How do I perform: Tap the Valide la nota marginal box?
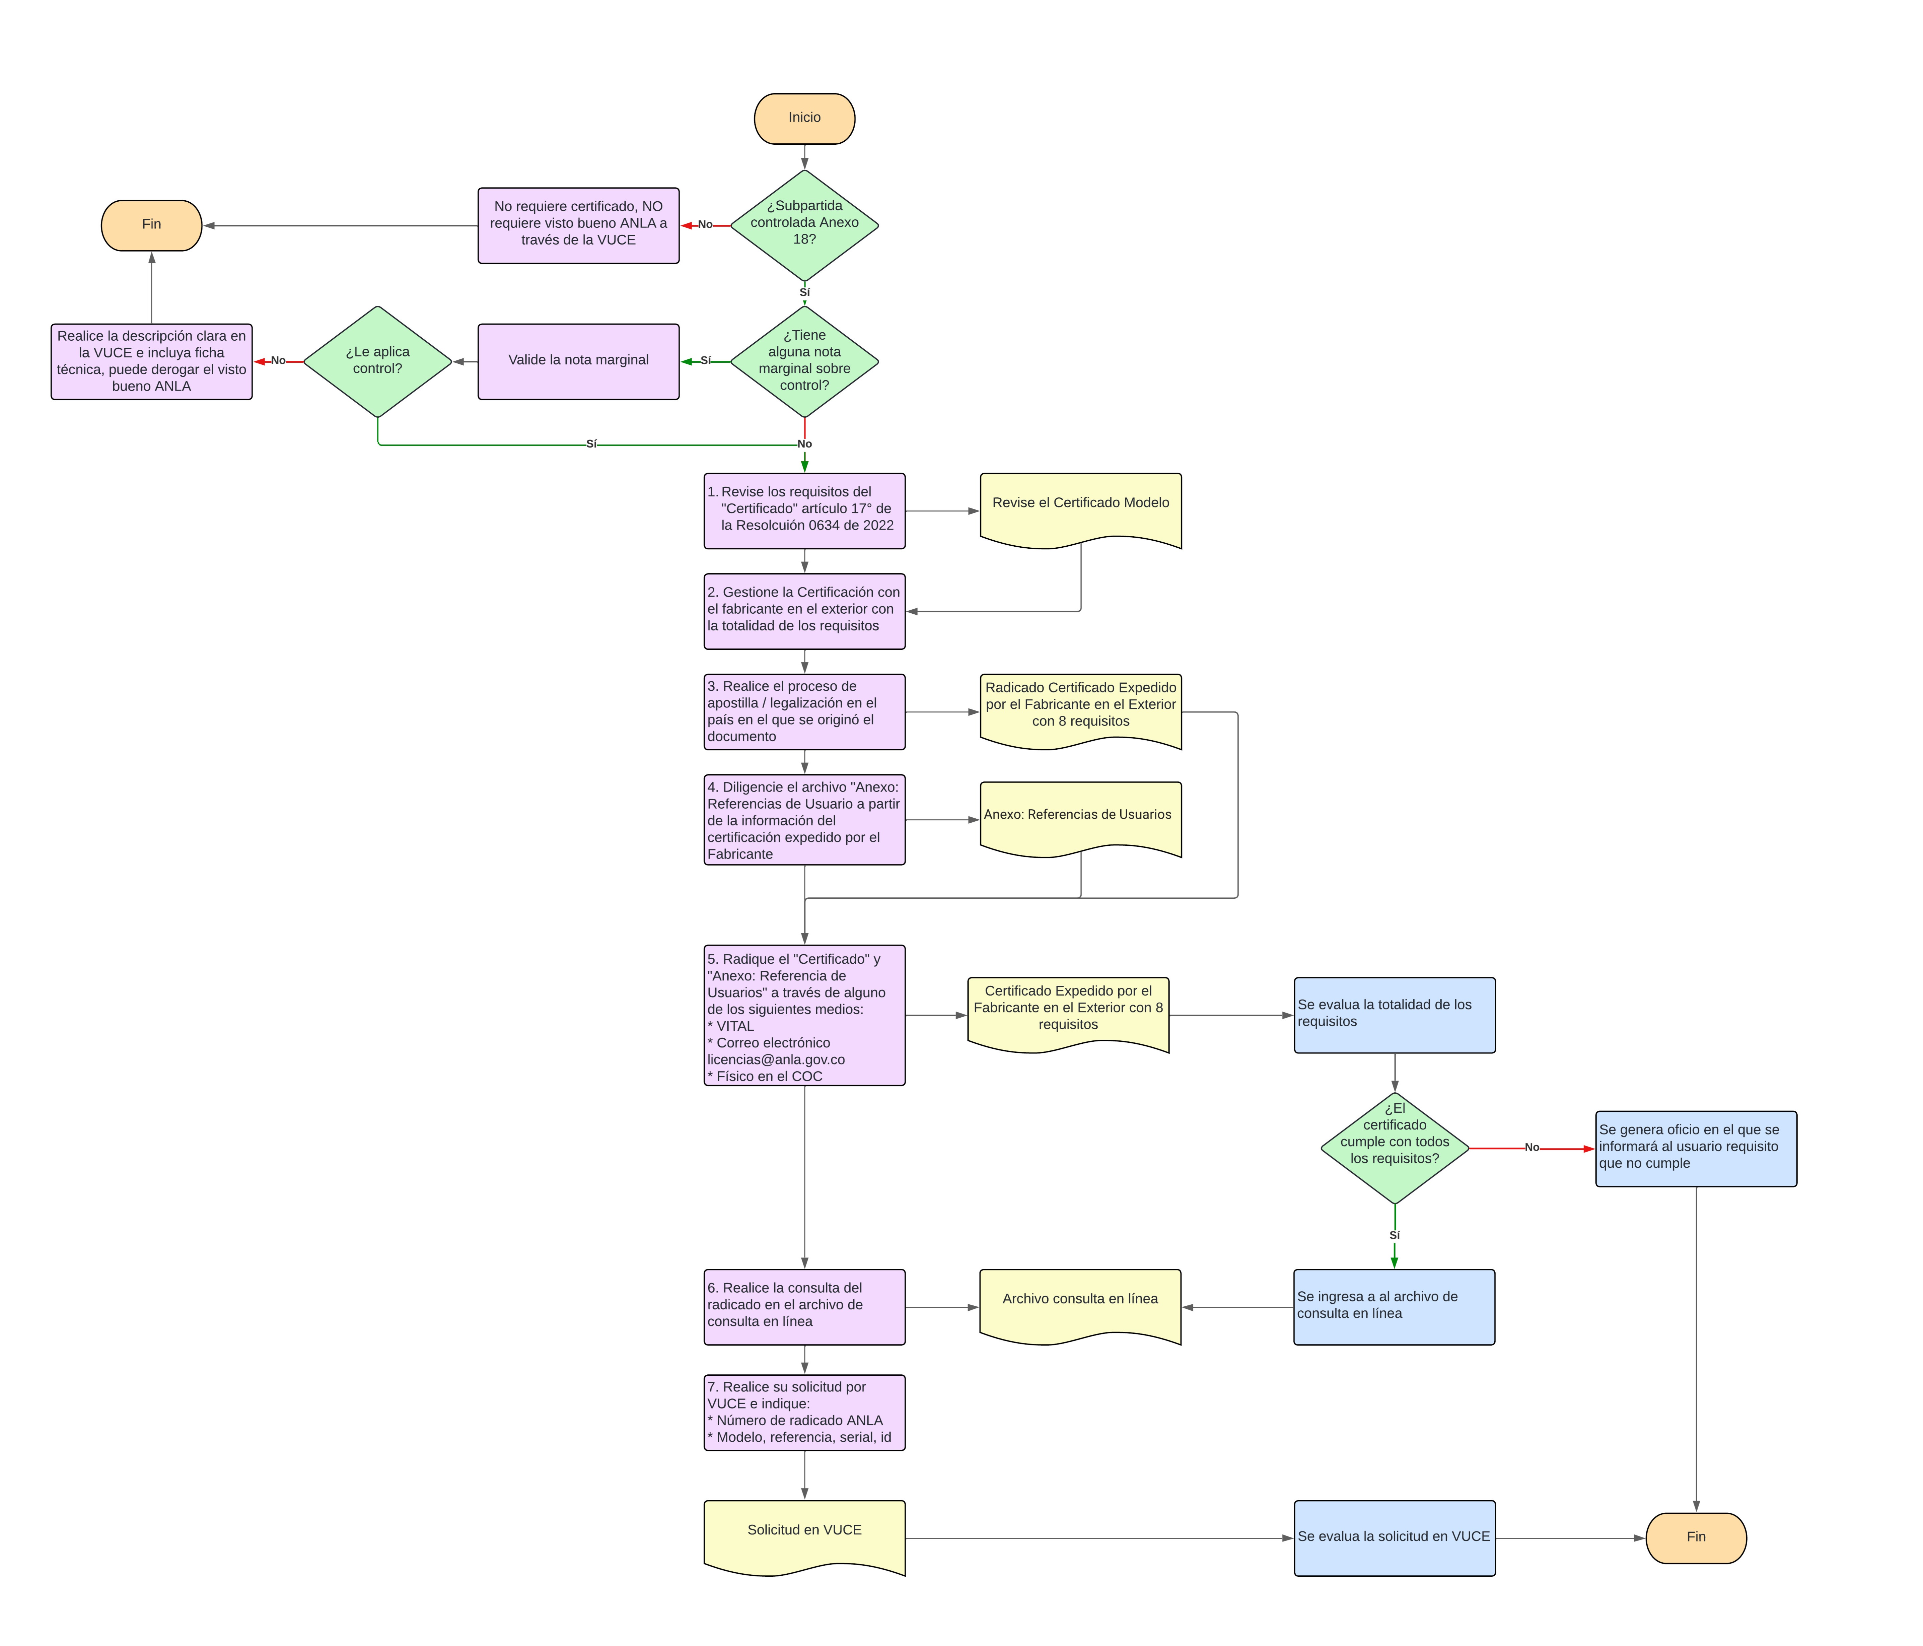[578, 361]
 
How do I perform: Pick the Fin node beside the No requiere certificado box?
[151, 225]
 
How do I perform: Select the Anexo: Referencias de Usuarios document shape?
[1080, 817]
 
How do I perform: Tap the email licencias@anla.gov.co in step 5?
[776, 1059]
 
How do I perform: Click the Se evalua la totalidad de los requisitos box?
[1394, 1014]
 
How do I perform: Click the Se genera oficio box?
[1696, 1148]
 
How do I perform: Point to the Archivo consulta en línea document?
[1080, 1303]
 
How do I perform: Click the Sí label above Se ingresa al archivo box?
[1394, 1235]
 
